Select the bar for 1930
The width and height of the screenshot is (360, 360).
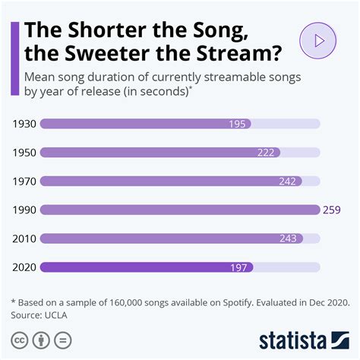(x=144, y=123)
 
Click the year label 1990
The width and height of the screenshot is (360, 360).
(x=24, y=210)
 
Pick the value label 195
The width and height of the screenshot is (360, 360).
(x=238, y=123)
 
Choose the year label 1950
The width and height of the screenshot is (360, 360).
(x=24, y=152)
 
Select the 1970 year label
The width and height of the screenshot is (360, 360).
(x=24, y=181)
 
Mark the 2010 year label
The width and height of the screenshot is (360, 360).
(x=24, y=238)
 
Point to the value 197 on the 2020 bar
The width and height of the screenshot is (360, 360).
(x=240, y=267)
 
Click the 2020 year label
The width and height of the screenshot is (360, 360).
(x=24, y=267)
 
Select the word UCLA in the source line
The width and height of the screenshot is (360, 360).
(x=64, y=313)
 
